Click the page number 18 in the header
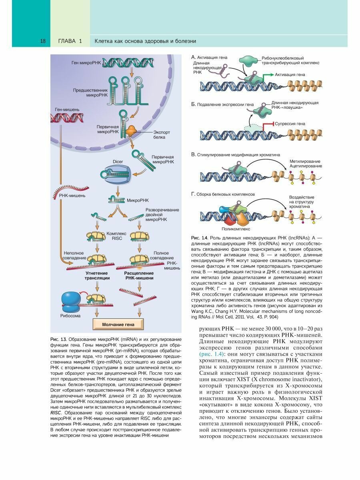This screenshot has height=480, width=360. [43, 41]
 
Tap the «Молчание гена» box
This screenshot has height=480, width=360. [118, 324]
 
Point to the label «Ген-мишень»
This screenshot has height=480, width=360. [67, 109]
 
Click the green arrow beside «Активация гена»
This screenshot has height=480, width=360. [269, 75]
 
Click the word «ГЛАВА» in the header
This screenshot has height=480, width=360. [67, 41]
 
